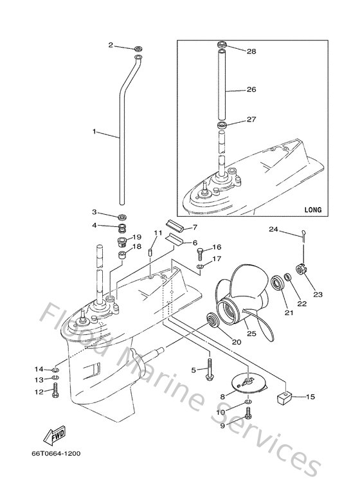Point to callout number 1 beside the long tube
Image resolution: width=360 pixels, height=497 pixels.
pyautogui.click(x=94, y=131)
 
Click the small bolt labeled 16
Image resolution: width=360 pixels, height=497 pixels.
pyautogui.click(x=199, y=252)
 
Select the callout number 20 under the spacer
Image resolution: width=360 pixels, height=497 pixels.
pyautogui.click(x=237, y=341)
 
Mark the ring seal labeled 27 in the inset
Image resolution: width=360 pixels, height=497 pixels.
pyautogui.click(x=221, y=123)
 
